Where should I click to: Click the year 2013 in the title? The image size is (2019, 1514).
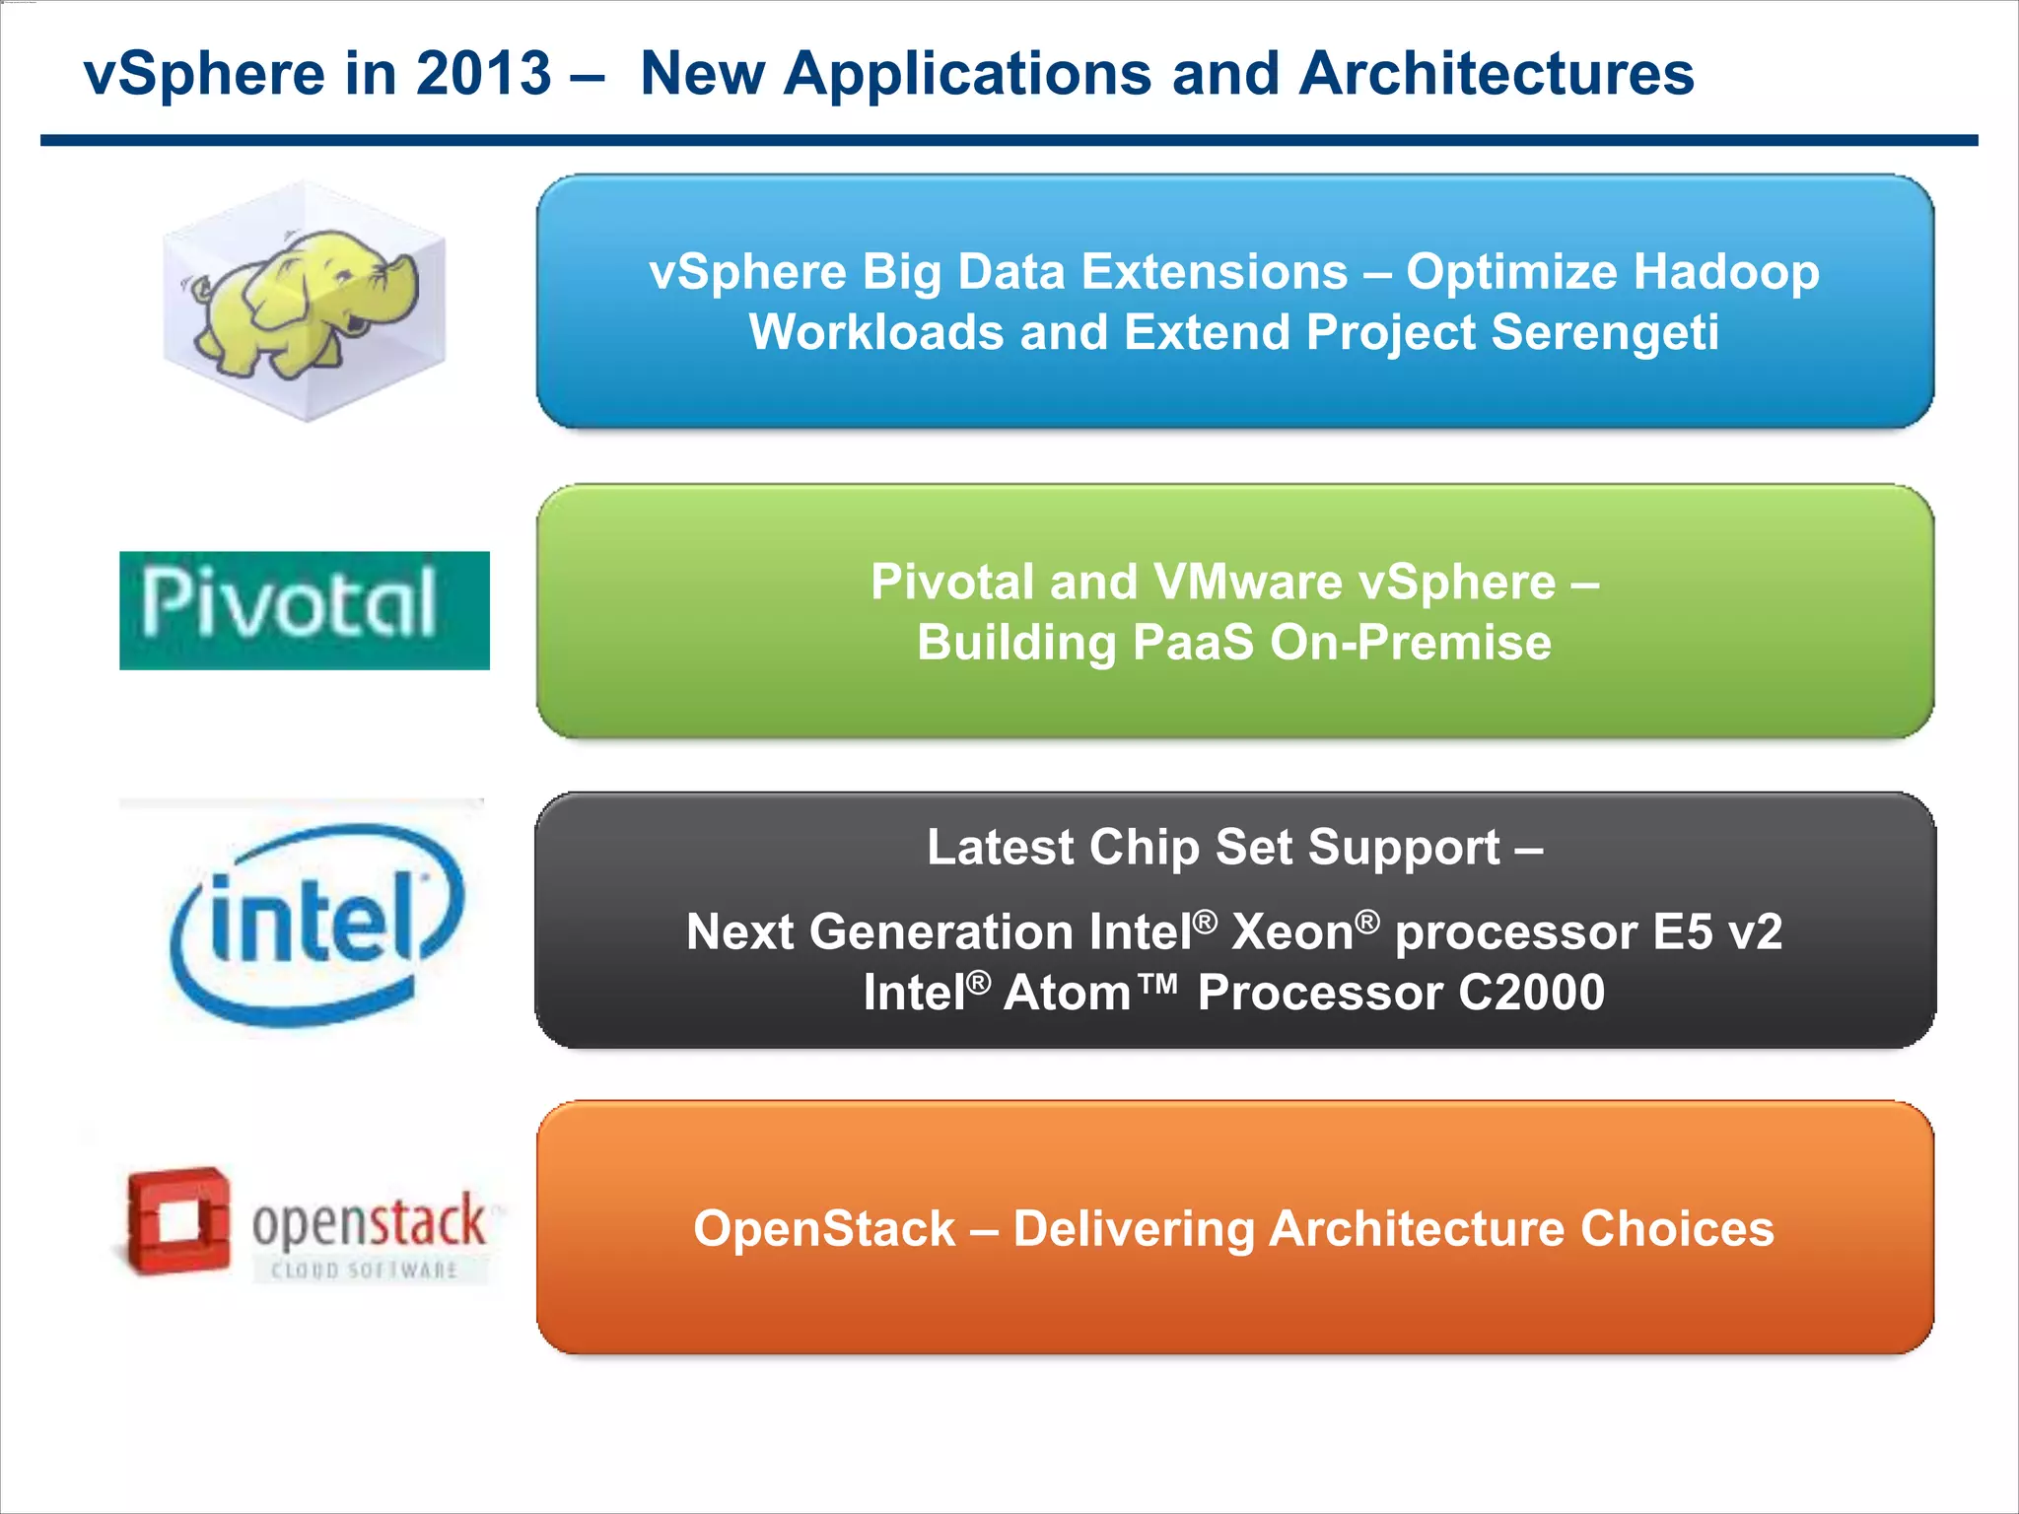coord(483,74)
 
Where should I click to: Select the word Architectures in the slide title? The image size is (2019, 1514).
coord(1497,74)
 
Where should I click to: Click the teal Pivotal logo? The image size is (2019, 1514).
coord(304,610)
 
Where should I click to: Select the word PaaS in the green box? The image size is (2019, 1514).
coord(1193,643)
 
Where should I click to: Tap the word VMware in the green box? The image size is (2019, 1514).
coord(1248,582)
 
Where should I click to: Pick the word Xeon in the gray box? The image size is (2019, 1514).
coord(1293,932)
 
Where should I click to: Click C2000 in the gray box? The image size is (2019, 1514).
coord(1531,993)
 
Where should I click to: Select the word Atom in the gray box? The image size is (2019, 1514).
coord(1067,993)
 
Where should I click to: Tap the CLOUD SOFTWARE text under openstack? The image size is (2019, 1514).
coord(365,1271)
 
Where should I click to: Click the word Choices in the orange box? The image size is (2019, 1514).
coord(1677,1229)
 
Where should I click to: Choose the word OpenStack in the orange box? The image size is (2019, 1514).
coord(824,1229)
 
